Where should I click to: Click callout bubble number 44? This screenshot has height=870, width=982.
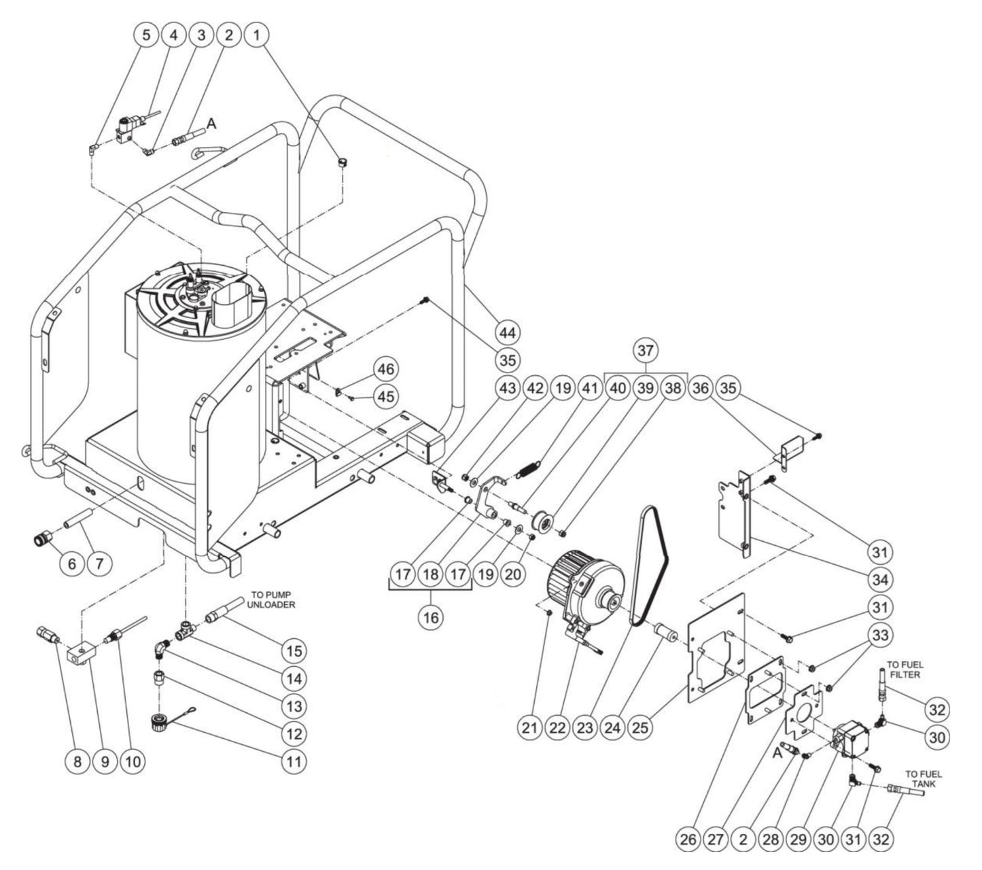click(x=507, y=332)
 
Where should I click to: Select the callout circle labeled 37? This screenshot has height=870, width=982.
click(x=645, y=351)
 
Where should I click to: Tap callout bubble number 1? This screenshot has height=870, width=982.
click(x=256, y=36)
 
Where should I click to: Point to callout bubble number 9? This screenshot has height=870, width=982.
click(x=105, y=761)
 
